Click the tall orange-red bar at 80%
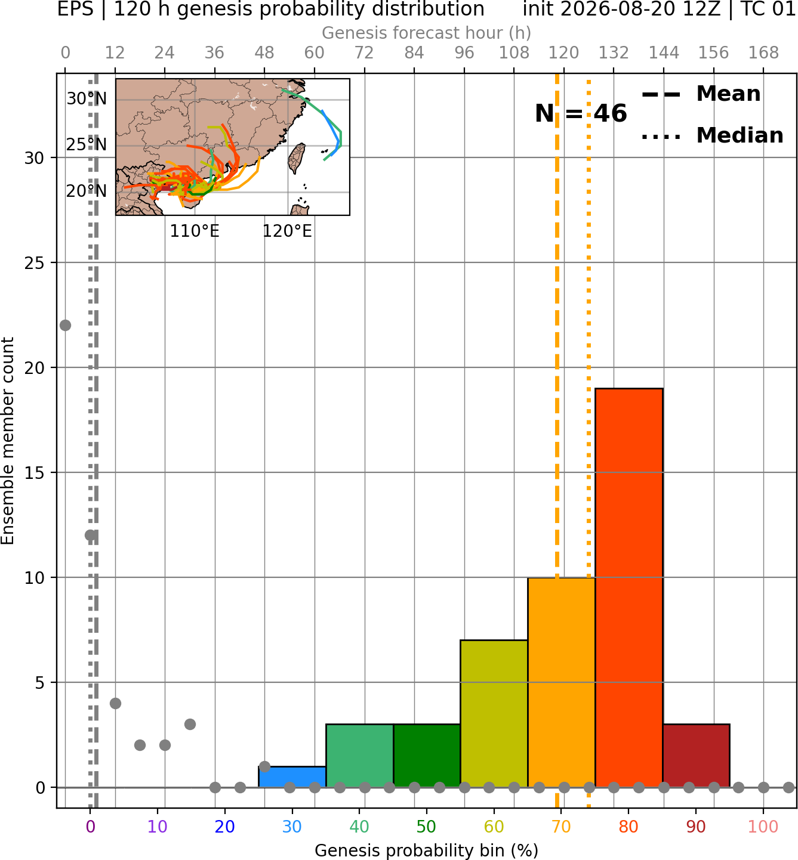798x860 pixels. pyautogui.click(x=629, y=588)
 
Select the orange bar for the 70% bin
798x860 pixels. pyautogui.click(x=561, y=682)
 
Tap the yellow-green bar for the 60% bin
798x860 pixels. pyautogui.click(x=494, y=714)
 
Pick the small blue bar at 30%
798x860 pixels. pyautogui.click(x=292, y=777)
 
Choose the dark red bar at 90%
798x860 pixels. pyautogui.click(x=697, y=756)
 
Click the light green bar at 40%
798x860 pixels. pyautogui.click(x=360, y=756)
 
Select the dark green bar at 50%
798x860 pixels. pyautogui.click(x=427, y=756)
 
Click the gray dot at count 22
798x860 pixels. pyautogui.click(x=65, y=325)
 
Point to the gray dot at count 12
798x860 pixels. pyautogui.click(x=90, y=535)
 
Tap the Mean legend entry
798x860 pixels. pyautogui.click(x=701, y=94)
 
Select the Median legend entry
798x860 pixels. pyautogui.click(x=712, y=135)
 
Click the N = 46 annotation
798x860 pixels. pyautogui.click(x=581, y=113)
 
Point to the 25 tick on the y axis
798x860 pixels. pyautogui.click(x=35, y=263)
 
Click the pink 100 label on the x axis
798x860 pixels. pyautogui.click(x=763, y=827)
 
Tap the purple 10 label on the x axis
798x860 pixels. pyautogui.click(x=158, y=827)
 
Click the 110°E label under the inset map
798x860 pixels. pyautogui.click(x=195, y=231)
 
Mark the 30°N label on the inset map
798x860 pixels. pyautogui.click(x=87, y=99)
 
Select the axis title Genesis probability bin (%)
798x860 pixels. pyautogui.click(x=427, y=850)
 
